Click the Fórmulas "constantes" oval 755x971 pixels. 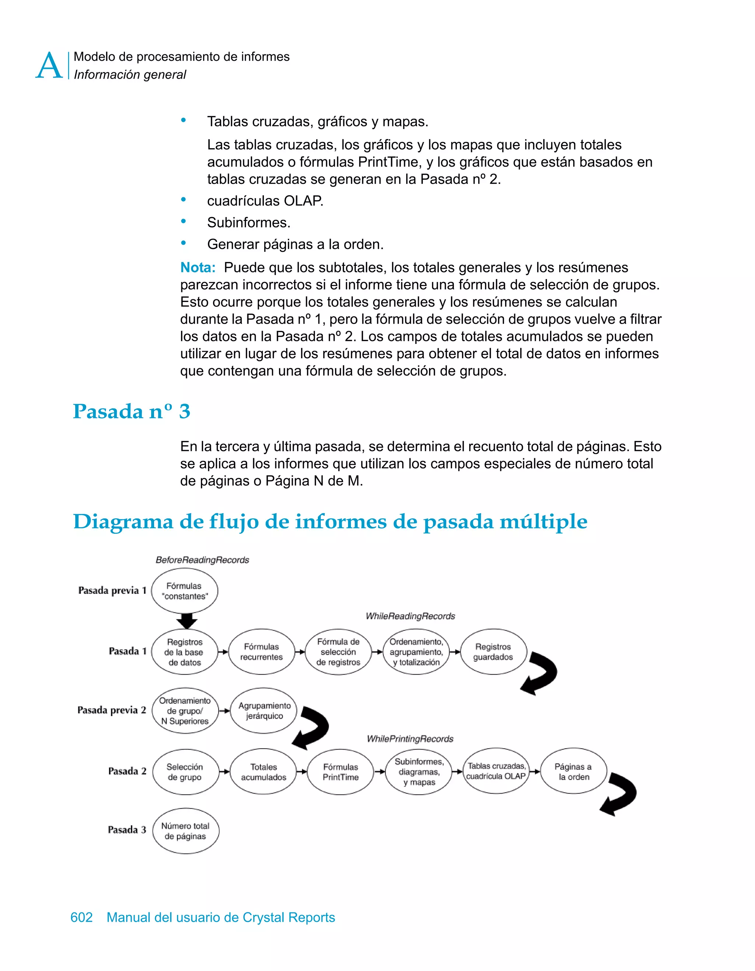pos(185,591)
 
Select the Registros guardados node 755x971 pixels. pos(493,652)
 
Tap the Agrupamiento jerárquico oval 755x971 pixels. pos(264,710)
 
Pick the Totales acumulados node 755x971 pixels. pos(263,772)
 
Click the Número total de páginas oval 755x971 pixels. pos(185,831)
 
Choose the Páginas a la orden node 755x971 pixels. pos(573,771)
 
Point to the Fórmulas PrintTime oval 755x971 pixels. pos(341,772)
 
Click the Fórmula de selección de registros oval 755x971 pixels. pos(338,652)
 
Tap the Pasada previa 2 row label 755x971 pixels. pos(112,710)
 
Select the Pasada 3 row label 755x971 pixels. pos(127,829)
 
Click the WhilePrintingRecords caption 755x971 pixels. pos(410,739)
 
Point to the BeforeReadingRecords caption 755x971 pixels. pos(202,560)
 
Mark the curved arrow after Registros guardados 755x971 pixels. pos(540,673)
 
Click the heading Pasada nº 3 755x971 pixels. pos(132,411)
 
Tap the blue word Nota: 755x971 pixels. pos(198,268)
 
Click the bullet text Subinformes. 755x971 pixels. pos(248,222)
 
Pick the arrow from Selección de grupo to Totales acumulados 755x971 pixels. pos(224,772)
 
